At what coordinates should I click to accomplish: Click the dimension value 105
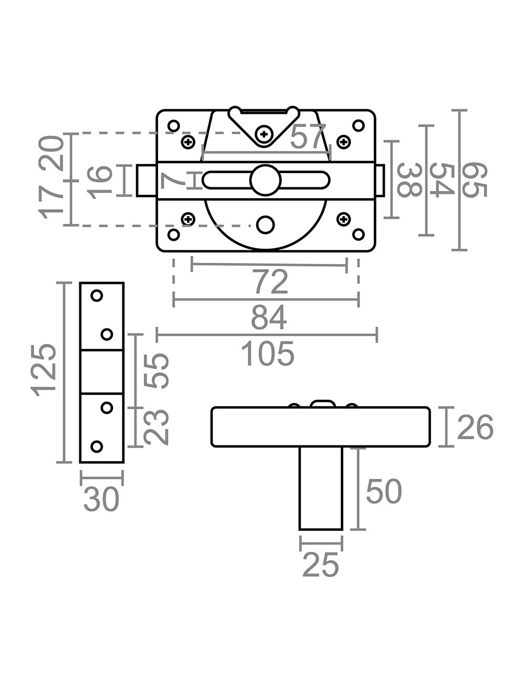click(268, 354)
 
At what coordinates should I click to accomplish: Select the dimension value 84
click(268, 318)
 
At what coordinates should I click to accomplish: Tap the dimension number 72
click(271, 282)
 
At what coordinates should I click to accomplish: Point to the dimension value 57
click(308, 137)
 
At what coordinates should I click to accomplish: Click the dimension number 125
click(44, 370)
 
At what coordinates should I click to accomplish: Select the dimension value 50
click(384, 492)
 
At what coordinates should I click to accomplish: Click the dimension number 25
click(321, 566)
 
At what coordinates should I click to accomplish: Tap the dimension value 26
click(475, 428)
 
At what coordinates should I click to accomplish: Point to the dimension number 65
click(475, 180)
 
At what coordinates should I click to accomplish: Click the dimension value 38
click(408, 180)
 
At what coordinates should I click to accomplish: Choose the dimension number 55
click(157, 370)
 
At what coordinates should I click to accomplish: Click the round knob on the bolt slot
click(266, 180)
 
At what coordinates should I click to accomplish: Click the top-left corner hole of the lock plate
click(173, 126)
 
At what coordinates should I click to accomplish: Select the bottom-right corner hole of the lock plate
click(358, 234)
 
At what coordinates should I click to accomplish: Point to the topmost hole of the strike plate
click(97, 296)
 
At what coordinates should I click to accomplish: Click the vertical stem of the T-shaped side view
click(321, 488)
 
